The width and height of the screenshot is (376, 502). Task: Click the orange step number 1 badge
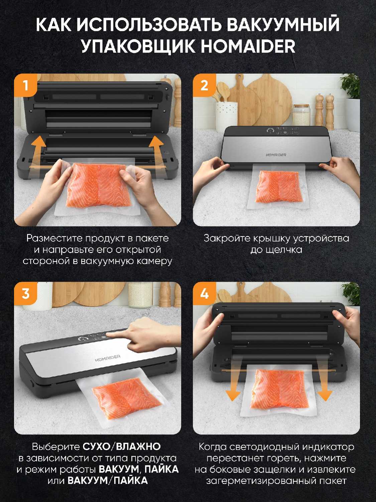coord(25,86)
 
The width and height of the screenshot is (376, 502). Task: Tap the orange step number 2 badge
coord(204,86)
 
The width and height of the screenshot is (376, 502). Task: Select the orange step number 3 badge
coord(25,294)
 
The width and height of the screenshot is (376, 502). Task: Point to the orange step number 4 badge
coord(204,294)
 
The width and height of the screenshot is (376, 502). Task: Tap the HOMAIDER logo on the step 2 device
coord(276,155)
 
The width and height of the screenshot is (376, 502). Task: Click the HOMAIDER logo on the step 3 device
coord(108,358)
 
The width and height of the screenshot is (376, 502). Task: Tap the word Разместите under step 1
coord(54,238)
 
